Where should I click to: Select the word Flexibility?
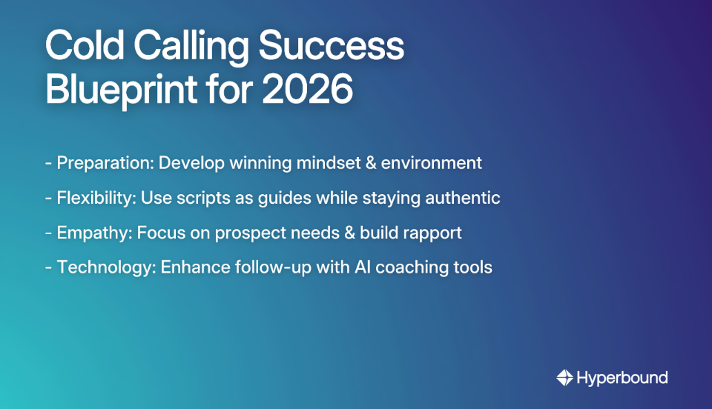(x=93, y=198)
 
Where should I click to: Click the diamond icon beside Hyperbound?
(x=564, y=378)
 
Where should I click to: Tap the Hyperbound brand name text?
(x=622, y=378)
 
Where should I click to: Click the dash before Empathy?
(x=48, y=233)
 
